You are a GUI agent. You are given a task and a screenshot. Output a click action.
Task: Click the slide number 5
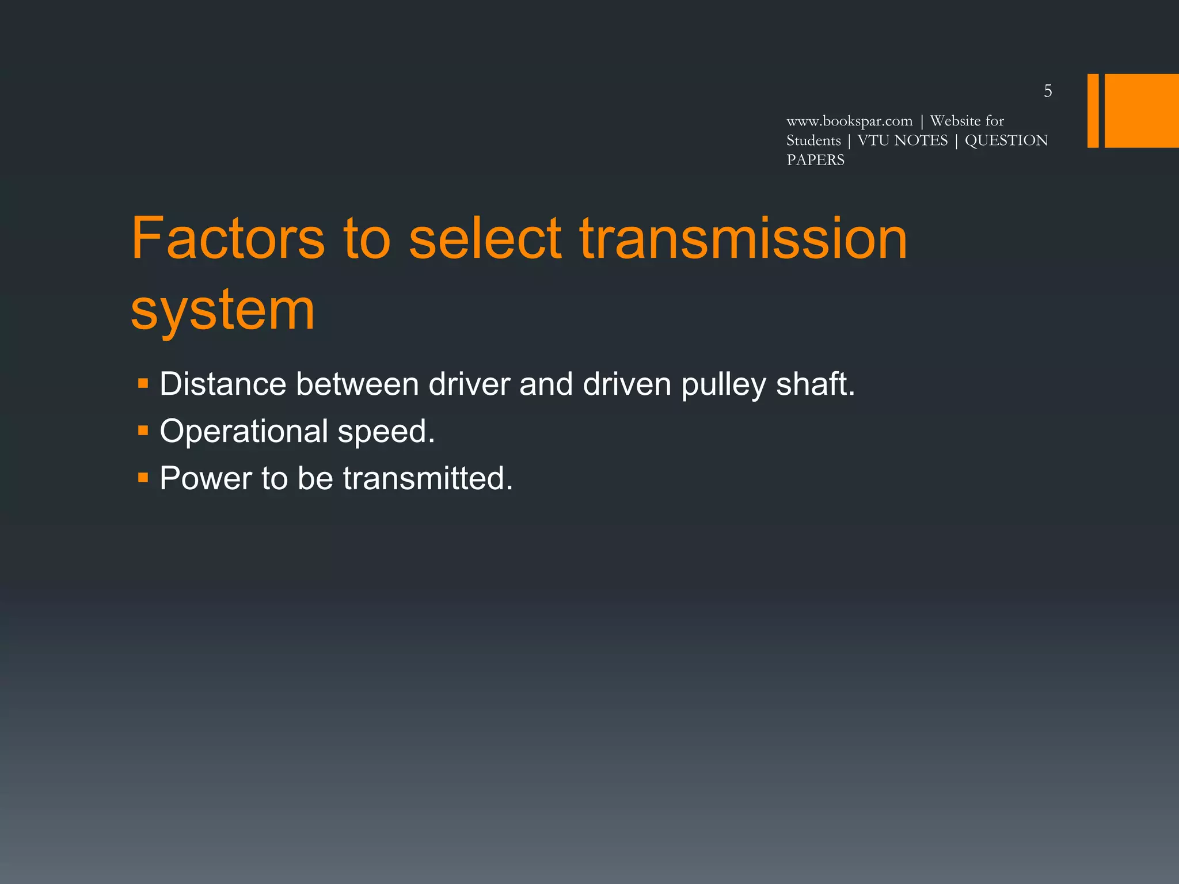(1048, 91)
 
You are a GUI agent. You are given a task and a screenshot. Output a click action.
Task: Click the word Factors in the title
(228, 238)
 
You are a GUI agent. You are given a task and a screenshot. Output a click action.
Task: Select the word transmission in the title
(743, 238)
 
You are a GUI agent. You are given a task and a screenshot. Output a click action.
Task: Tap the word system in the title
(223, 311)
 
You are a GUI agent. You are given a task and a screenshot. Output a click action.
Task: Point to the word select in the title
(485, 238)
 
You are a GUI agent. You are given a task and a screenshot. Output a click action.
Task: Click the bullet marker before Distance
(143, 383)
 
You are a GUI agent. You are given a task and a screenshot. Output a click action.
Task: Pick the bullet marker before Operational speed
(143, 430)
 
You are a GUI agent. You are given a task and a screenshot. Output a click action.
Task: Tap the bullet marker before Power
(143, 477)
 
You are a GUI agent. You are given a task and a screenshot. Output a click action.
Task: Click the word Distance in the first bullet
(223, 384)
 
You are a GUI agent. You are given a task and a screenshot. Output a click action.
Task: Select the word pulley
(724, 385)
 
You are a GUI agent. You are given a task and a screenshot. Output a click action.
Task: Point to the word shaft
(815, 384)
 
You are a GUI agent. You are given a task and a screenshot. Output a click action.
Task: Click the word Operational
(244, 432)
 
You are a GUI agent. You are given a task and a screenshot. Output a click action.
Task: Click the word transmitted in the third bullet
(427, 478)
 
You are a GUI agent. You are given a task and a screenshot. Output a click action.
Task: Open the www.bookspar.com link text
(849, 121)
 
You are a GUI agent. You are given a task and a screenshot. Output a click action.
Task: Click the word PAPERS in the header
(815, 160)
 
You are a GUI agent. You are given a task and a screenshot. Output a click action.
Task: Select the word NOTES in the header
(921, 140)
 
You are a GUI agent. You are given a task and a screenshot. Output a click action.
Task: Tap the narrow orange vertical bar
(1093, 110)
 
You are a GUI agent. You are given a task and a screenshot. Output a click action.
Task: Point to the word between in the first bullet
(357, 384)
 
